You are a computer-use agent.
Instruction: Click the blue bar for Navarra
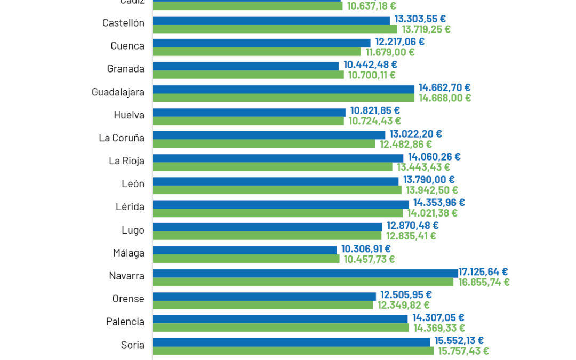point(305,273)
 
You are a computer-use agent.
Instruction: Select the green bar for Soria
point(293,351)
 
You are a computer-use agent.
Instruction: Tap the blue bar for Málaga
point(244,250)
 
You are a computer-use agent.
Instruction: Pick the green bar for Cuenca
point(257,52)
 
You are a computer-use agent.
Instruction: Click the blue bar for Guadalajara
point(283,89)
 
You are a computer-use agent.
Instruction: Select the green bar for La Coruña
point(264,144)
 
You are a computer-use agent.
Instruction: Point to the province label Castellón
point(123,23)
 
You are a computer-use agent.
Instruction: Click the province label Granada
point(125,69)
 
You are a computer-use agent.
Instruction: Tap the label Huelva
point(129,115)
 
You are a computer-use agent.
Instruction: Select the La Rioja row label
point(126,161)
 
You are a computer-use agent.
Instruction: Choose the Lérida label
point(130,206)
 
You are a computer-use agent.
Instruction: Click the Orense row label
point(129,299)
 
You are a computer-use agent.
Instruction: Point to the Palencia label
point(125,322)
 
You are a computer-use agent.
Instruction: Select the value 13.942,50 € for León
point(432,190)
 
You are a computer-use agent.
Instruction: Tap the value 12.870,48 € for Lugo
point(413,226)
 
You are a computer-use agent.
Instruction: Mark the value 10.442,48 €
point(370,65)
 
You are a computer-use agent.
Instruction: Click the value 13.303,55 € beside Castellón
point(420,19)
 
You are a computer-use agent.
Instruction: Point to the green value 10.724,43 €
point(375,121)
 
